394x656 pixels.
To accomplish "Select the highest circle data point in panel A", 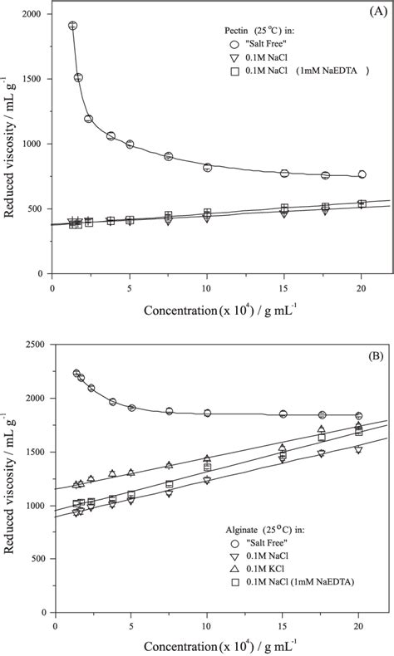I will click(x=72, y=26).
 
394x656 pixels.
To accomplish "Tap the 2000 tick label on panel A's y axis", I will click(x=32, y=15).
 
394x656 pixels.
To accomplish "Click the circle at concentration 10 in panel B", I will click(x=207, y=413).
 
